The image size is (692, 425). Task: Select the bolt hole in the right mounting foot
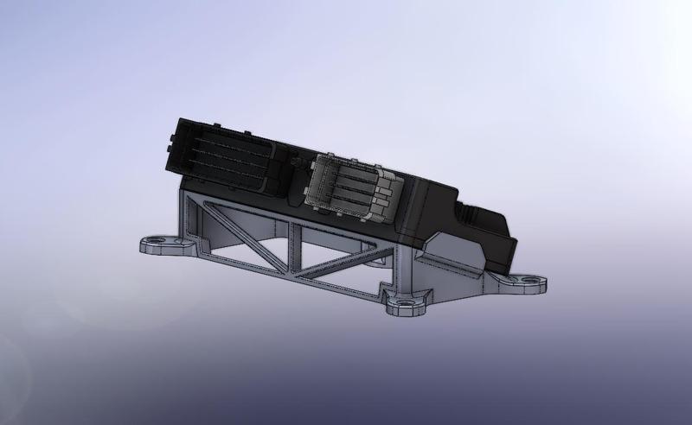tap(529, 281)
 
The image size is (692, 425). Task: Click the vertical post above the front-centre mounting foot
tap(407, 272)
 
